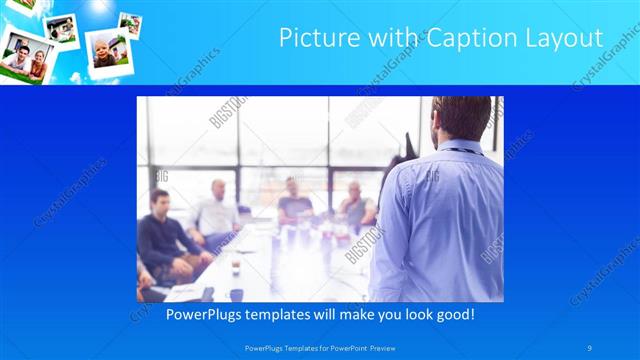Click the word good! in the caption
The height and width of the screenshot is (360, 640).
(453, 314)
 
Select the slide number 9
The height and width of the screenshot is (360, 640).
(590, 347)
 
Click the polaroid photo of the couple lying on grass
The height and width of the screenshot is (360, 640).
(25, 58)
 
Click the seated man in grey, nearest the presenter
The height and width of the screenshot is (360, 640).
(356, 205)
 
